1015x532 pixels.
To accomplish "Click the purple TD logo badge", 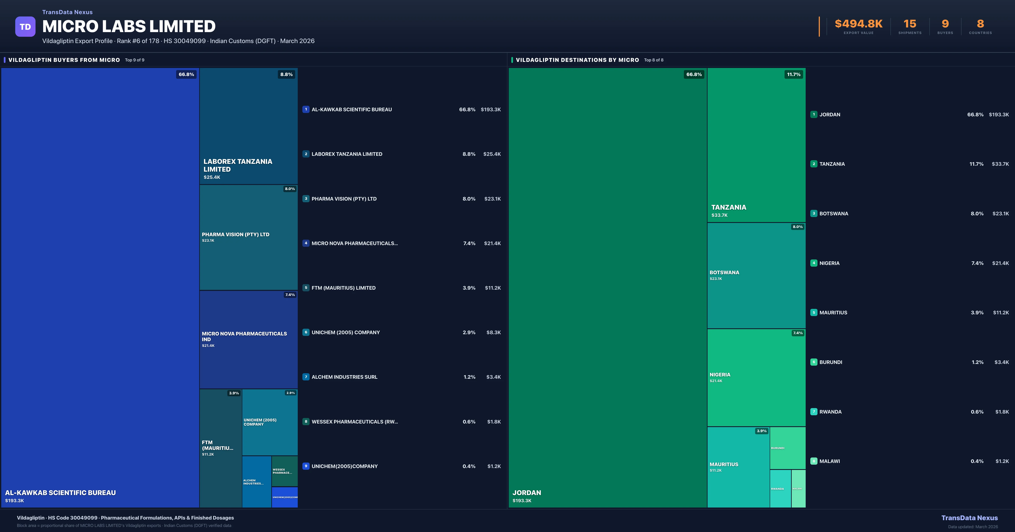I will click(25, 27).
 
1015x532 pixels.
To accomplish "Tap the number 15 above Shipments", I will click(909, 24).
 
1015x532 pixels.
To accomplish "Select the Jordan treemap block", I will click(607, 287).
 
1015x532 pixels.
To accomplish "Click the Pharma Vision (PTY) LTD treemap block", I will click(248, 237).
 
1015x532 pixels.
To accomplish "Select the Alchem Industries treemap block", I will click(256, 482).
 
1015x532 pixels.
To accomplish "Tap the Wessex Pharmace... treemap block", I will click(284, 471).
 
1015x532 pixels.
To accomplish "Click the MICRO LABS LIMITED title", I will click(129, 26).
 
